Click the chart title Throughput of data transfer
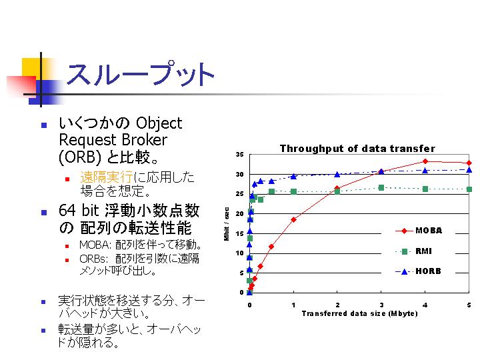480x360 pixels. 357,149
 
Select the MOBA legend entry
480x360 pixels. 419,231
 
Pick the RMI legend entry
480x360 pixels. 413,251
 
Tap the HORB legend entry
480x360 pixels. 418,271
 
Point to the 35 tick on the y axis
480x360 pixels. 240,155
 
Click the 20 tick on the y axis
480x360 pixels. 240,214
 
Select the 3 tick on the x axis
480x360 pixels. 381,305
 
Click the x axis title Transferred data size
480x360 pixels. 360,313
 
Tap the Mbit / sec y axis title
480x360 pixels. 227,224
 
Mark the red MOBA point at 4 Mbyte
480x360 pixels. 425,161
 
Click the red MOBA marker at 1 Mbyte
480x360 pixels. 293,219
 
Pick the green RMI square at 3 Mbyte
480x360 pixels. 381,187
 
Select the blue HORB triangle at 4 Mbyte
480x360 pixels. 425,171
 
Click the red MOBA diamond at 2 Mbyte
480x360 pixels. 337,188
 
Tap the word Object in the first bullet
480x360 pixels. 159,124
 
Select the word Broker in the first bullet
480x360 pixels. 145,140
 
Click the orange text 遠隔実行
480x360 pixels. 106,177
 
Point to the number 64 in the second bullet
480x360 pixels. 67,210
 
